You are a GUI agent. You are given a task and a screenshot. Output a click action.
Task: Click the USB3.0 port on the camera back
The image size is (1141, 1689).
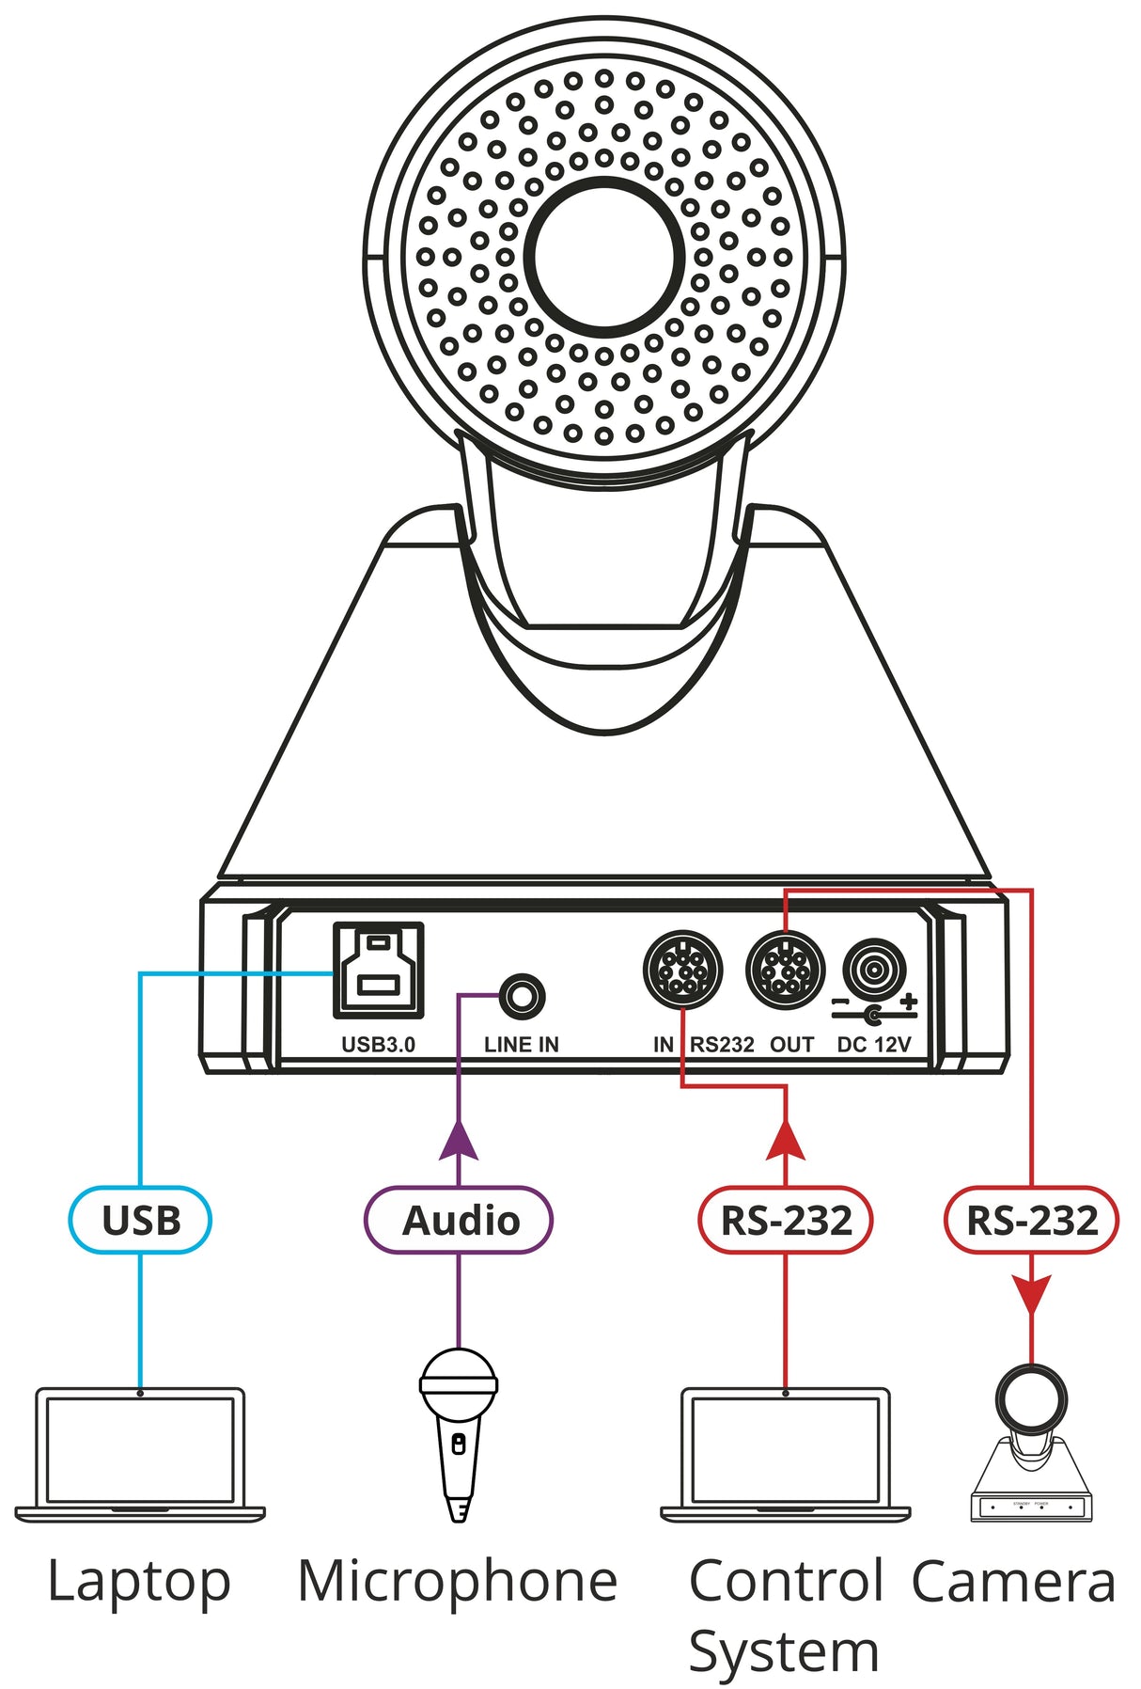pos(378,971)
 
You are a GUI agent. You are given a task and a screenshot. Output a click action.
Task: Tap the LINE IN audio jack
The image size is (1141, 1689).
pos(522,996)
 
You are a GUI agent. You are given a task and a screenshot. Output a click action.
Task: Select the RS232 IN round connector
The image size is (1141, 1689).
pos(682,969)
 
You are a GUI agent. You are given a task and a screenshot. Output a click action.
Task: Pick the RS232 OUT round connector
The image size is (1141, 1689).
pos(785,970)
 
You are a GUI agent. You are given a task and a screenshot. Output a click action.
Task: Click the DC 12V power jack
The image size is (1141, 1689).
pos(874,969)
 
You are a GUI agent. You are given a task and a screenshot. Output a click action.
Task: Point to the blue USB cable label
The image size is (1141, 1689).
pos(140,1220)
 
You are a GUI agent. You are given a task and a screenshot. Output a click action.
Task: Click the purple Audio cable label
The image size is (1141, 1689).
pos(459,1220)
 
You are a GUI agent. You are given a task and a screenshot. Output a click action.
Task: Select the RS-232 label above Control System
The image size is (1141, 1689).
pos(786,1220)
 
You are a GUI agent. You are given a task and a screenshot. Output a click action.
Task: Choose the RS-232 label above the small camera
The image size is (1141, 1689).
pos(1031,1220)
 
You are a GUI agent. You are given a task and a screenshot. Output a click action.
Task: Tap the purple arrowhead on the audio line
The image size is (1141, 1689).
pos(459,1140)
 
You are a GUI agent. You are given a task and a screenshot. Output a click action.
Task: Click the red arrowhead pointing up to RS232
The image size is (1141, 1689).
pos(786,1140)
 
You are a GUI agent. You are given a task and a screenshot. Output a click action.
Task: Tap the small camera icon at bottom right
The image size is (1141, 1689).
pos(1031,1444)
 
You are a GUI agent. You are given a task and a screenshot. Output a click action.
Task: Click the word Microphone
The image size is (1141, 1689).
pos(457,1582)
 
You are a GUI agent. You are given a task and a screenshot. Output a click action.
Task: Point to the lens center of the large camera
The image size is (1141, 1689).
pos(603,256)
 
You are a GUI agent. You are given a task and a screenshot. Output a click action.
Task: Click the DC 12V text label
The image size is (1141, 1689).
pos(874,1045)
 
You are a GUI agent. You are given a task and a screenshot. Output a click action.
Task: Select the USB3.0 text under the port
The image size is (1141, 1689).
pos(378,1045)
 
